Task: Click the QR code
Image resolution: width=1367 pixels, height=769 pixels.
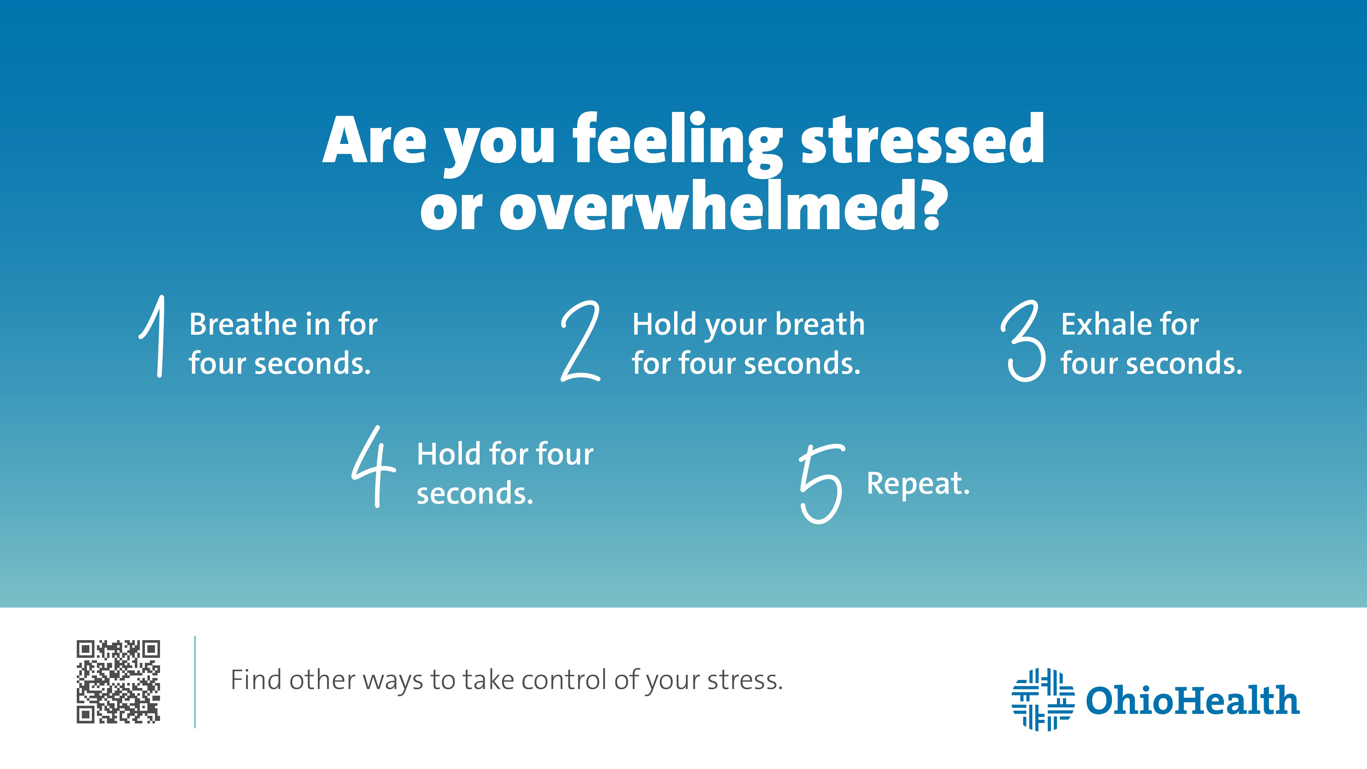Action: click(x=118, y=682)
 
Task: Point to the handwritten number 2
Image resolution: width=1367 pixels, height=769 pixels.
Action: click(x=581, y=341)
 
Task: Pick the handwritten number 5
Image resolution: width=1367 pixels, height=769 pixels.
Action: click(x=821, y=483)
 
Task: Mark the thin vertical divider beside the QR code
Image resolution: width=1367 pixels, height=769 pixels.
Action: click(x=195, y=682)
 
